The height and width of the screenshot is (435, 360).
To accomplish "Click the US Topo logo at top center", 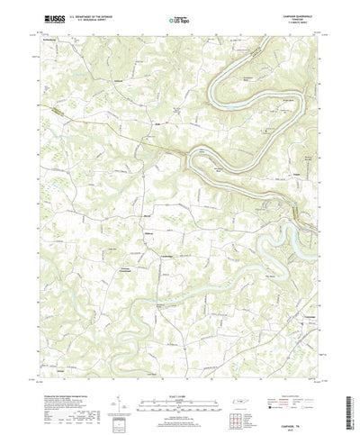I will tap(180, 17).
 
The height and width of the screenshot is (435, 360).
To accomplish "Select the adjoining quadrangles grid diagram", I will tap(238, 400).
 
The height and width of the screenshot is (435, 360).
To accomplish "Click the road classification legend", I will tap(288, 382).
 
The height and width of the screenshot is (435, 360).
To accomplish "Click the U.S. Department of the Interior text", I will tap(95, 14).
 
